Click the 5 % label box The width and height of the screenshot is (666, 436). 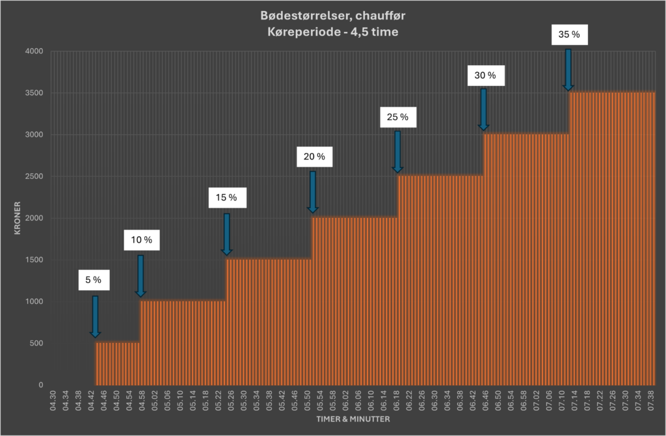[93, 280]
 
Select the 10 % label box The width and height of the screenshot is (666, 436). [138, 240]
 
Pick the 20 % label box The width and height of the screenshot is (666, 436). [313, 156]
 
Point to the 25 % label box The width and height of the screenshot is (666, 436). [397, 117]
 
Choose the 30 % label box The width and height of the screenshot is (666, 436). [485, 75]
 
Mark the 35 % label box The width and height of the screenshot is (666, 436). [568, 34]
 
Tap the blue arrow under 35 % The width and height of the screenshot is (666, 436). [568, 69]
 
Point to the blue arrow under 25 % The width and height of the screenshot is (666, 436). [397, 152]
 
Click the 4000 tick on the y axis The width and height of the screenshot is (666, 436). [34, 51]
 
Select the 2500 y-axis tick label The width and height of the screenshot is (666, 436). [34, 176]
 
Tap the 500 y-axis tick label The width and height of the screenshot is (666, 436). [36, 344]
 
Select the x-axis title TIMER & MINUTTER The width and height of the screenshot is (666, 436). [353, 420]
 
